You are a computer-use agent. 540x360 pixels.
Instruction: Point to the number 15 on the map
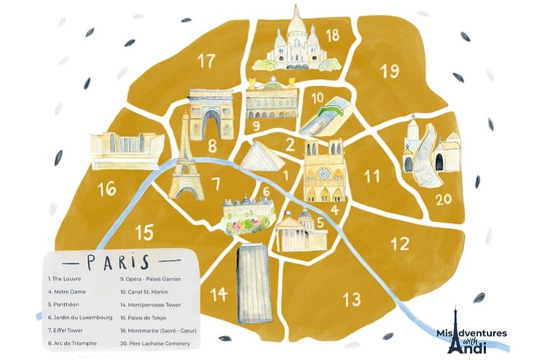pos(145,232)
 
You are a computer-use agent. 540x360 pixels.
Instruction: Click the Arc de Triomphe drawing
pos(212,115)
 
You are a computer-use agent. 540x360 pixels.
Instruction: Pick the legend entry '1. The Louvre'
pos(67,277)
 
